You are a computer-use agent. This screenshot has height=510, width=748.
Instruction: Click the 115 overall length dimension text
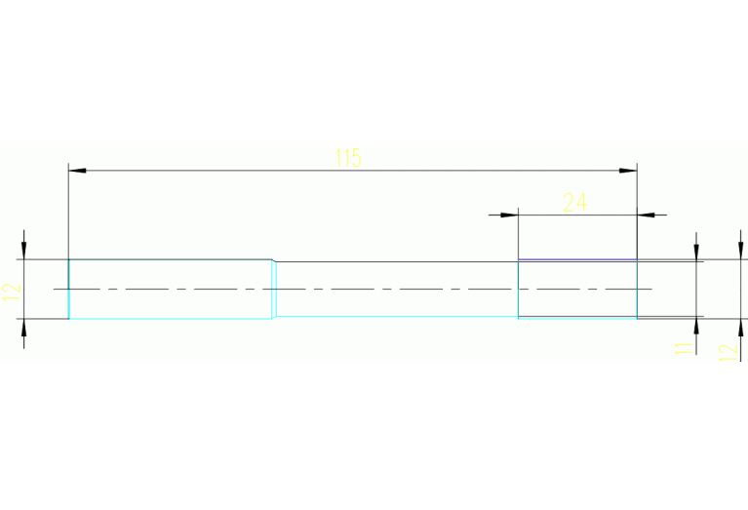(x=348, y=158)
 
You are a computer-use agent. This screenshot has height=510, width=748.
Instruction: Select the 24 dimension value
(x=575, y=202)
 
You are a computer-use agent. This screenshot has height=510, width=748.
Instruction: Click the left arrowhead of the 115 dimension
(x=77, y=171)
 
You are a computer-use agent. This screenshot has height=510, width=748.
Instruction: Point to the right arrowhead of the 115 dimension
(x=628, y=171)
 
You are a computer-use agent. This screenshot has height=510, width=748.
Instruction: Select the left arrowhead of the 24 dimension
(x=508, y=215)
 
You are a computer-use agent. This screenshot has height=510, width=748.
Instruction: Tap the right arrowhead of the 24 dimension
(x=646, y=215)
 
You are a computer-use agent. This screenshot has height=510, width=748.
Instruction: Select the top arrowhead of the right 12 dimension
(x=739, y=251)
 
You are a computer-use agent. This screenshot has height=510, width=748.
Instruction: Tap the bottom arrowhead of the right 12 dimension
(x=739, y=328)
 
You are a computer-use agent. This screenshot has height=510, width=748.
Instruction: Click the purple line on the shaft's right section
(x=576, y=259)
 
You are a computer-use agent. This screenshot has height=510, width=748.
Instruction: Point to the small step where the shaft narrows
(x=274, y=261)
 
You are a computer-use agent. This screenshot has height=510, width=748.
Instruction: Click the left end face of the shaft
(x=68, y=289)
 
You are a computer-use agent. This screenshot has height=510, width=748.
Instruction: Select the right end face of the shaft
(x=637, y=289)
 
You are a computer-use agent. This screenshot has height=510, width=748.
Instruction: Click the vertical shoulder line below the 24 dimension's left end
(x=517, y=289)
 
